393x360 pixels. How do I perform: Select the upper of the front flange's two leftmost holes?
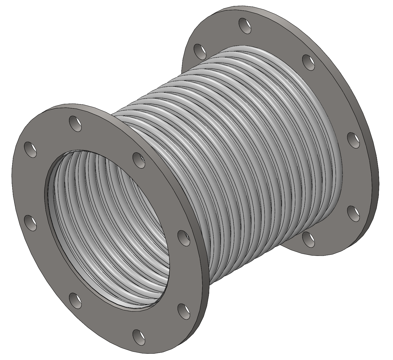tap(30, 149)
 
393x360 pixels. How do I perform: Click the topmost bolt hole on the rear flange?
tap(245, 25)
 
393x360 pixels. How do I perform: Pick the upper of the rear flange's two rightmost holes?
tap(354, 140)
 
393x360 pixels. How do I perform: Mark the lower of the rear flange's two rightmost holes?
tap(354, 212)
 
